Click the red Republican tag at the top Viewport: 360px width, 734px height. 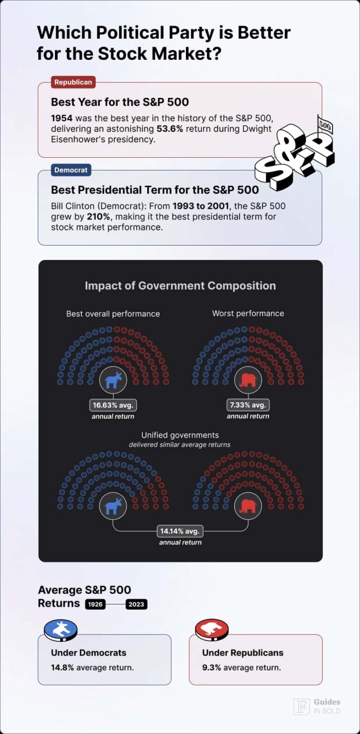tap(73, 82)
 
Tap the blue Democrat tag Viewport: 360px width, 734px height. tap(71, 170)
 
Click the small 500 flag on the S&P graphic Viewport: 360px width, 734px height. tap(325, 126)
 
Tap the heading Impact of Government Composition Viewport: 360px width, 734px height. tap(180, 286)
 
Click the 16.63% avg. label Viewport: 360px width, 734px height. tap(113, 405)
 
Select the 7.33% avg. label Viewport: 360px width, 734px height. tap(248, 405)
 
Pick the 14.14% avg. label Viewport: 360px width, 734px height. tap(180, 531)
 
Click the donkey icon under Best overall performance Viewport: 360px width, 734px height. tap(113, 380)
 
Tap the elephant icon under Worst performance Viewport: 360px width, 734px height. tap(248, 380)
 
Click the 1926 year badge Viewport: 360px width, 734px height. tap(96, 604)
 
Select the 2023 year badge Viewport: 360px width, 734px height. tap(136, 604)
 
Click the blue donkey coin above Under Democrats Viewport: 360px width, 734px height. tap(60, 630)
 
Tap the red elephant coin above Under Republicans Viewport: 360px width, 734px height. tap(212, 630)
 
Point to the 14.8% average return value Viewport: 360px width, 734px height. tap(62, 668)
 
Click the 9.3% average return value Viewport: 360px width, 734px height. tap(211, 668)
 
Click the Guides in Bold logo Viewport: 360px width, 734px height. tap(317, 706)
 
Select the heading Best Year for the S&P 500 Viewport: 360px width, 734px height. tap(120, 102)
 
